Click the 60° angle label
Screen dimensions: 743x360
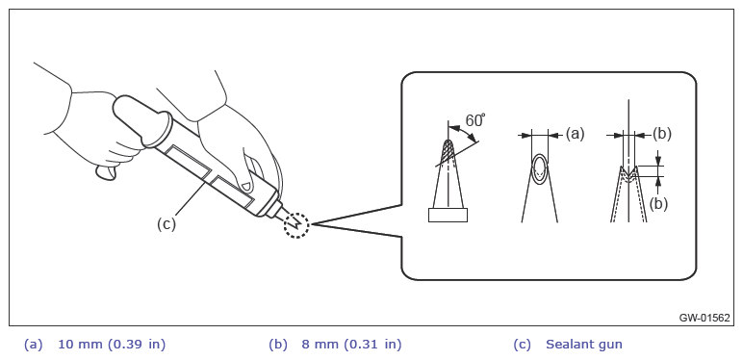click(475, 120)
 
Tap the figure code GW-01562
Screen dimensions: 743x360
click(705, 318)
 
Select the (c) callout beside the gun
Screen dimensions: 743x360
click(167, 223)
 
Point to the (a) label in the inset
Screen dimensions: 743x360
click(575, 135)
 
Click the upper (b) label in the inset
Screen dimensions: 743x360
click(662, 135)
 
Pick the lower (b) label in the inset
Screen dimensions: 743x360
click(658, 204)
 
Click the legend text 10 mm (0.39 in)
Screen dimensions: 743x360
click(112, 345)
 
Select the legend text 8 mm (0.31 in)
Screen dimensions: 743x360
click(351, 345)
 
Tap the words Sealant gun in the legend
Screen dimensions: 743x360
click(584, 345)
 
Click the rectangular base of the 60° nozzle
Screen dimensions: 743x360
click(448, 215)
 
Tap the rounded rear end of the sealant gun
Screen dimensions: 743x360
click(124, 107)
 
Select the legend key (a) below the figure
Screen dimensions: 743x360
click(33, 345)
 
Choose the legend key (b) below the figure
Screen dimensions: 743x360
click(278, 345)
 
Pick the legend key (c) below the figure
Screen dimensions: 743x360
click(523, 345)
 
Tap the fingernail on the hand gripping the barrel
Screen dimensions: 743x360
click(245, 185)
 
